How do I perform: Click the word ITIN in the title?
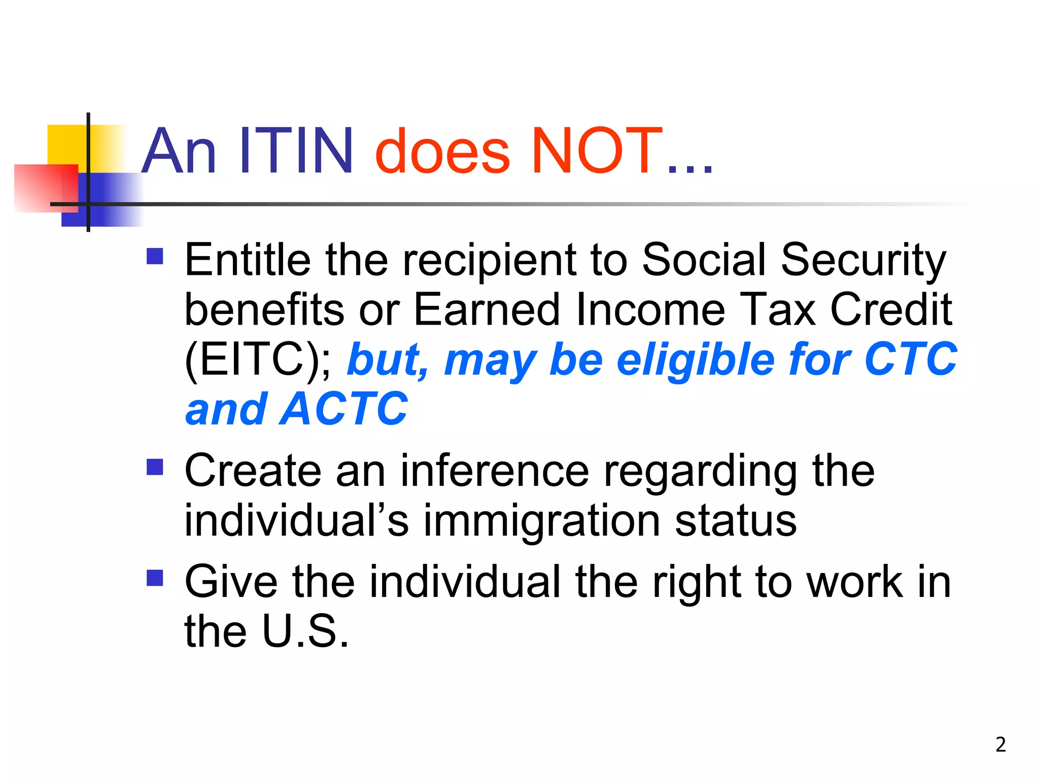click(x=296, y=151)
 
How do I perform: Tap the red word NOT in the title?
click(x=596, y=151)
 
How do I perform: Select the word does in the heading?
click(x=442, y=151)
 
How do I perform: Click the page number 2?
click(x=1000, y=745)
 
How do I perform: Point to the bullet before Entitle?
click(x=155, y=256)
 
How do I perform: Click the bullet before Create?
click(x=155, y=467)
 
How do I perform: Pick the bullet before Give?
click(x=155, y=578)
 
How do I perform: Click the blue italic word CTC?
click(x=910, y=360)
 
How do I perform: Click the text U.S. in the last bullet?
click(x=306, y=631)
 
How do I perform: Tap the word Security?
click(x=863, y=261)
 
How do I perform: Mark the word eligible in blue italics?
click(x=696, y=360)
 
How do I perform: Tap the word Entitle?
click(x=248, y=260)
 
